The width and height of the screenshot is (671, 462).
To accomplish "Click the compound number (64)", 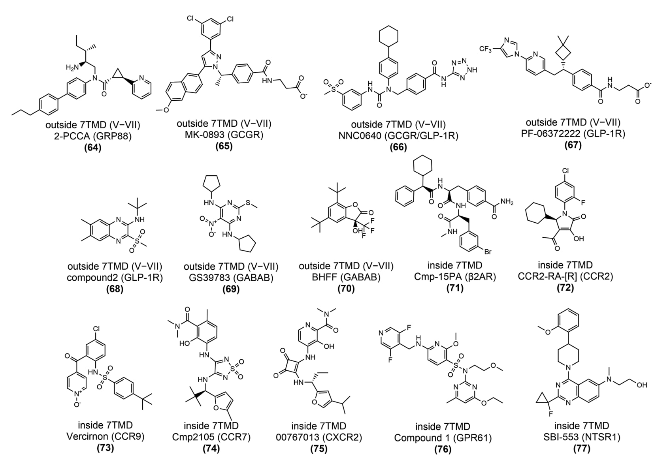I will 92,148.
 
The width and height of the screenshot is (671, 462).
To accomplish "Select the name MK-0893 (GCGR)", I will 224,135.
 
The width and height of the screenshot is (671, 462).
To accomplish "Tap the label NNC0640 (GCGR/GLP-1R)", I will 398,136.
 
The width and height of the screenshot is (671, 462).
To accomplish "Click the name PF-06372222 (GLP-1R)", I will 573,134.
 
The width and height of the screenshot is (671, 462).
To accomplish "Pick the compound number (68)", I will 115,289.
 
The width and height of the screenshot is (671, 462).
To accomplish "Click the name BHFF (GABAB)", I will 346,277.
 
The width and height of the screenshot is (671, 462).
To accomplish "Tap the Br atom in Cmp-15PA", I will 488,252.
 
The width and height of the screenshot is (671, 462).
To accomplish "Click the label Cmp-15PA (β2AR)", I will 455,276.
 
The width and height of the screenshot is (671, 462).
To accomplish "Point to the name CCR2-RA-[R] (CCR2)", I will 565,276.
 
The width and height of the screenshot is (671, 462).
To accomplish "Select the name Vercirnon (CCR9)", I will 105,437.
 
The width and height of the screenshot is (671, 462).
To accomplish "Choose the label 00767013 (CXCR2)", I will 319,437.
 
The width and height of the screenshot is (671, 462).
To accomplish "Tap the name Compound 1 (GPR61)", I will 443,438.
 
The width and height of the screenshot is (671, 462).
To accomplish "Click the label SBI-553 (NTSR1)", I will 581,437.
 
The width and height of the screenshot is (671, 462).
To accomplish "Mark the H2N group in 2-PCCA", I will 73,68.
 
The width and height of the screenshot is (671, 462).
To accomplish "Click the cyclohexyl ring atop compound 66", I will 388,36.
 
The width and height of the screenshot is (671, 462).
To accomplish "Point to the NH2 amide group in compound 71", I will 506,203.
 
